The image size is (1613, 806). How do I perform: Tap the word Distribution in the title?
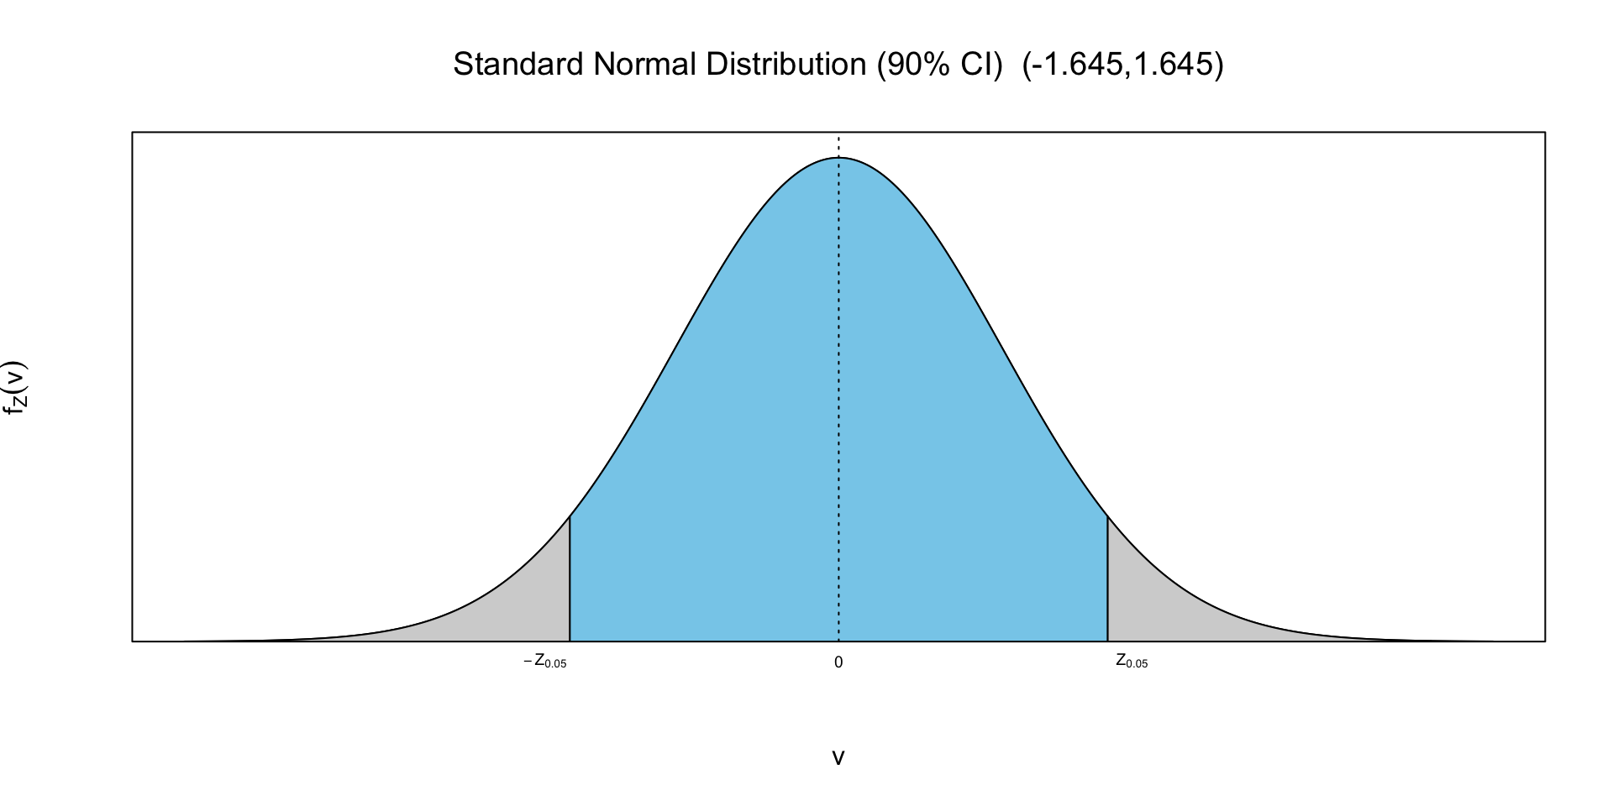tap(786, 65)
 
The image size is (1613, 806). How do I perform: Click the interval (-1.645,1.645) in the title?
tap(1123, 65)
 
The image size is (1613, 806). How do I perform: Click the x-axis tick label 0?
tap(838, 662)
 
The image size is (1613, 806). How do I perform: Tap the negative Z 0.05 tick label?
tap(545, 662)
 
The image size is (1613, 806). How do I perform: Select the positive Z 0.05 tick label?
tap(1132, 662)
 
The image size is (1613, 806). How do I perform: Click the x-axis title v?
tap(838, 757)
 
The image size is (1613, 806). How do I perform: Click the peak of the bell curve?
tap(838, 158)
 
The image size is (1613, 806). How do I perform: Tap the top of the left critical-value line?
tap(570, 517)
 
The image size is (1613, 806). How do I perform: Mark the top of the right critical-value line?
tap(1107, 517)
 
